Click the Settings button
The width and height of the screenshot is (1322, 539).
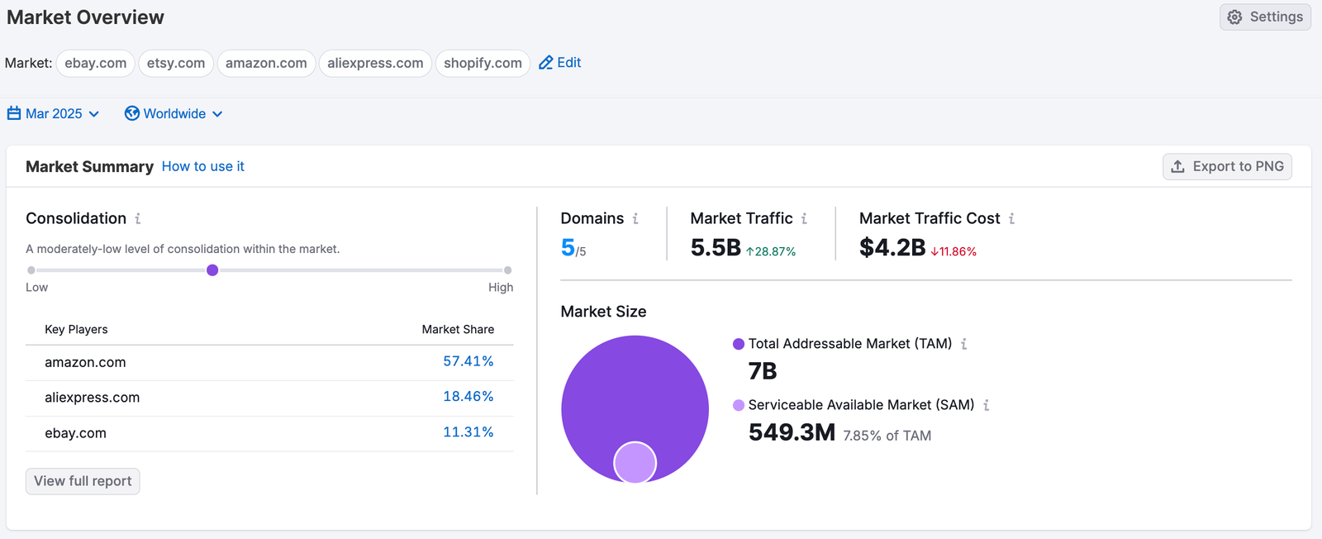(1265, 17)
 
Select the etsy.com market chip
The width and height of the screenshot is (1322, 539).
(176, 64)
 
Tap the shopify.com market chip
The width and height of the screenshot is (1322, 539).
(483, 64)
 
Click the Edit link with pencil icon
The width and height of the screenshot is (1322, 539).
(560, 63)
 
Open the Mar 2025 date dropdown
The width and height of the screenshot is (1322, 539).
(54, 114)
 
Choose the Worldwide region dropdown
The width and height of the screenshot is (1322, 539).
(174, 114)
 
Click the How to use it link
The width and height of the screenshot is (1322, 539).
(203, 166)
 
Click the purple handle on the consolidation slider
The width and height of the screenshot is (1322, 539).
(212, 270)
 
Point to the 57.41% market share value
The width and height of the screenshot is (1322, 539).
(468, 361)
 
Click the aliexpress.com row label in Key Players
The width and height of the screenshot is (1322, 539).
(92, 398)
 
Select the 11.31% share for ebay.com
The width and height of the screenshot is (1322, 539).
(468, 432)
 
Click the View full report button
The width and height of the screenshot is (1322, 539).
(83, 481)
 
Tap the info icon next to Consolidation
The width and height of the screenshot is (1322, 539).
(138, 219)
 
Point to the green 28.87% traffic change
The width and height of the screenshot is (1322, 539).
(771, 251)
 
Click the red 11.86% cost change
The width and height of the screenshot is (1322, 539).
(953, 251)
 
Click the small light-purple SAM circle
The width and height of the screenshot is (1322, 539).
(635, 462)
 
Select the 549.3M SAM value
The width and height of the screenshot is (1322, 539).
(792, 432)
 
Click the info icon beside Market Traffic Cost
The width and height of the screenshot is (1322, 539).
(1011, 219)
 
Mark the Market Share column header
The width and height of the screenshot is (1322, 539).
(458, 329)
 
